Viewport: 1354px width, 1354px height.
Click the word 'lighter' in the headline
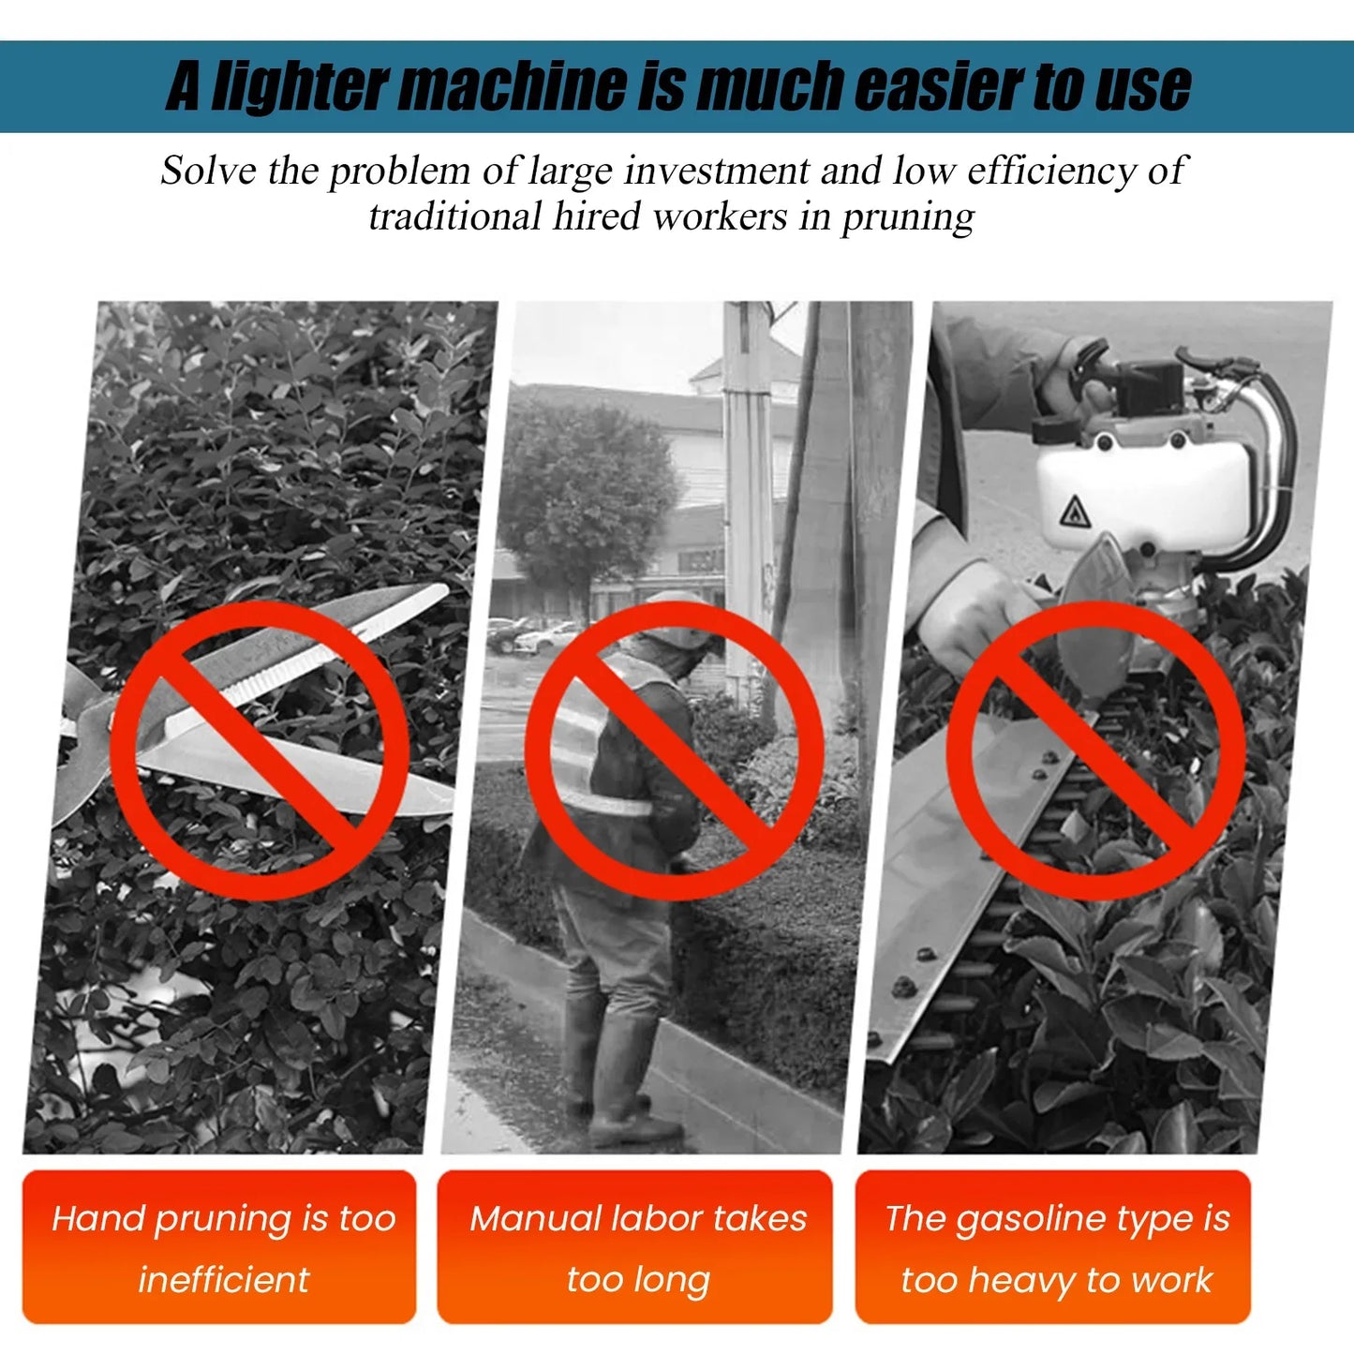[x=300, y=86]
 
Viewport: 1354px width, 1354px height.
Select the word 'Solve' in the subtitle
[x=209, y=171]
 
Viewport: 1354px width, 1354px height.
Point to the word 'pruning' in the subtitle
[x=908, y=217]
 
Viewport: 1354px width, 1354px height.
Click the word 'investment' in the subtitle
[x=717, y=171]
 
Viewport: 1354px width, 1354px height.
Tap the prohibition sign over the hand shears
[x=260, y=750]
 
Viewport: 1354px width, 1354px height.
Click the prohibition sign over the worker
[x=675, y=750]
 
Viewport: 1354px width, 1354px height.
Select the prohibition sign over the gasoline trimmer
[x=1096, y=750]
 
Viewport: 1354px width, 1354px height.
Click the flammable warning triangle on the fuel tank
[x=1075, y=511]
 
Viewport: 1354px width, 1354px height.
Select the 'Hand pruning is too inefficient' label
[x=219, y=1247]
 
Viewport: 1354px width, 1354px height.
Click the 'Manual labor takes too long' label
[x=634, y=1247]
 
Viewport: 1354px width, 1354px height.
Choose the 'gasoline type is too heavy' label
[x=1053, y=1247]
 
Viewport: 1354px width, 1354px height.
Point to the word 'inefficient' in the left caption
[x=223, y=1280]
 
